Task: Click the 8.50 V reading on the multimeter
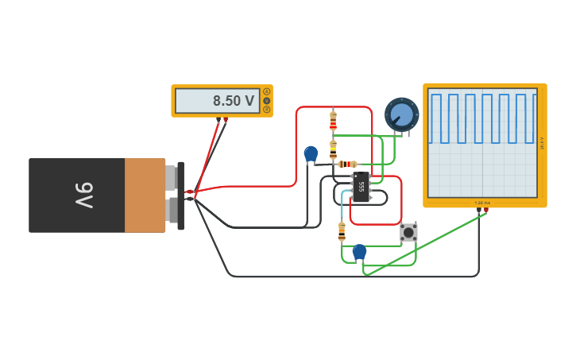click(233, 101)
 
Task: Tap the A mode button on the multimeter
click(266, 92)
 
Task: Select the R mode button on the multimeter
click(266, 109)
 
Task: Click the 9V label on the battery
click(83, 195)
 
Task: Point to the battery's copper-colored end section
click(145, 195)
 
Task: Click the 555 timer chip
click(361, 188)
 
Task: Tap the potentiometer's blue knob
click(402, 115)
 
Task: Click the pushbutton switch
click(408, 232)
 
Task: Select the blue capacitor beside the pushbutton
click(359, 252)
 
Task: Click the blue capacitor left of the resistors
click(311, 153)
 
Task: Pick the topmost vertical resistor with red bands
click(333, 121)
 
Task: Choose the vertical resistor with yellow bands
click(333, 149)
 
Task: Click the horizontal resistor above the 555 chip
click(346, 165)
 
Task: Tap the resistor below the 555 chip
click(342, 231)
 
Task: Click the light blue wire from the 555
click(343, 202)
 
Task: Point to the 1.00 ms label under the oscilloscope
click(482, 203)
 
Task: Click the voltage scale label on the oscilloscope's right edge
click(542, 143)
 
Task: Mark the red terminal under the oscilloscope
click(485, 210)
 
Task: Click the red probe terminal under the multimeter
click(226, 120)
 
